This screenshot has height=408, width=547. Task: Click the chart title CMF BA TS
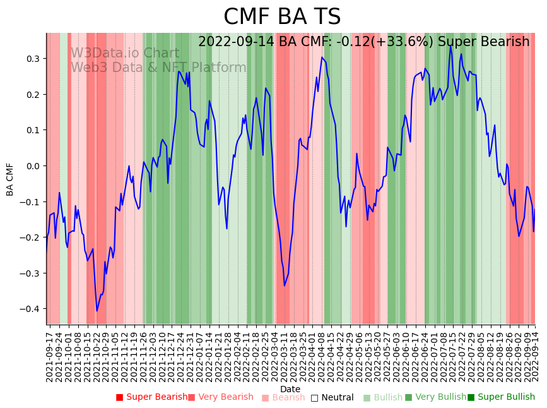(x=282, y=17)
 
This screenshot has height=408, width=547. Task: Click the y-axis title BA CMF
(x=10, y=179)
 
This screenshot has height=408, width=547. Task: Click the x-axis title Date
(x=290, y=389)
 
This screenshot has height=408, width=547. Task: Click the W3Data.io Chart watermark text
(x=124, y=54)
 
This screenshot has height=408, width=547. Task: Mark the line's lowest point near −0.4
(x=97, y=310)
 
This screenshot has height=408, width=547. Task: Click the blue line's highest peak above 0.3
(x=450, y=45)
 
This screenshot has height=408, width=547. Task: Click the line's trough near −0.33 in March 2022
(x=285, y=285)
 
